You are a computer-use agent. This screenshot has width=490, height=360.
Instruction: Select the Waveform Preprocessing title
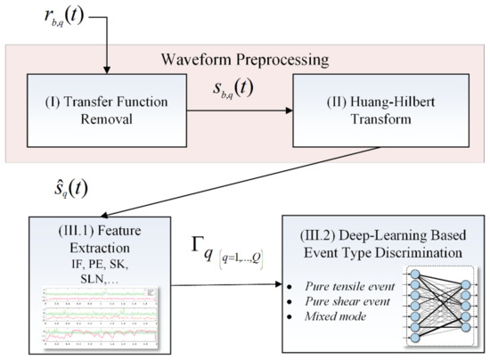pyautogui.click(x=246, y=61)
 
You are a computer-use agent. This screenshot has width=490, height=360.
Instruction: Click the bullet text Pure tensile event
pyautogui.click(x=328, y=288)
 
